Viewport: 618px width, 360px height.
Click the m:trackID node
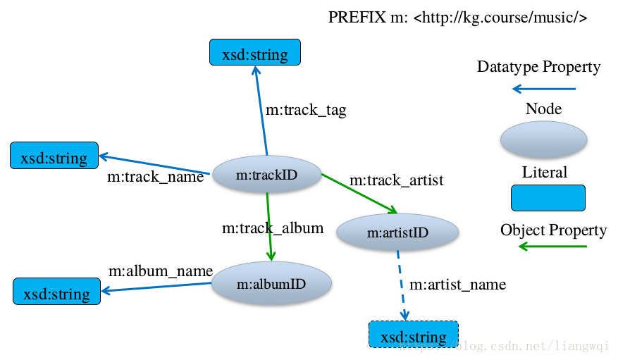[x=267, y=175]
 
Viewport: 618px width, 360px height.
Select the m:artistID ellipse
[x=397, y=232]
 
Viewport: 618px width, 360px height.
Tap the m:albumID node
[x=271, y=284]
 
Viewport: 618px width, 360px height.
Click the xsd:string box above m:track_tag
[x=255, y=52]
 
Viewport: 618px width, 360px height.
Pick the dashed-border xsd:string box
[x=414, y=335]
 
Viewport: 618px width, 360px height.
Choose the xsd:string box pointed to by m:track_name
[x=54, y=156]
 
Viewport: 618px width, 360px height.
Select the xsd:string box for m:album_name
[x=57, y=292]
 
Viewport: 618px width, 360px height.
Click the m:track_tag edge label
[x=306, y=110]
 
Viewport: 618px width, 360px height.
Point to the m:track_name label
[x=155, y=177]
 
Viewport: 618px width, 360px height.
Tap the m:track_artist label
[x=397, y=180]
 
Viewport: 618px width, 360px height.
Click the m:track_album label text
[x=273, y=228]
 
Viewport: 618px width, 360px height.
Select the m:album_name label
[x=161, y=271]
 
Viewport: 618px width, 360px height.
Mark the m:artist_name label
[x=457, y=285]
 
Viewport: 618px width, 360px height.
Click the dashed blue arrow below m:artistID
[x=402, y=285]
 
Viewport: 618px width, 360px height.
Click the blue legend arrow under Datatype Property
[x=544, y=89]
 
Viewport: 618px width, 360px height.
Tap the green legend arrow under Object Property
[x=552, y=247]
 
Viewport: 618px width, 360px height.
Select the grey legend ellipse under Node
[x=543, y=139]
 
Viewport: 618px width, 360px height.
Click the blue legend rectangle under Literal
[x=548, y=198]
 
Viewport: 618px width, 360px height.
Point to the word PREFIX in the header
[x=357, y=18]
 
